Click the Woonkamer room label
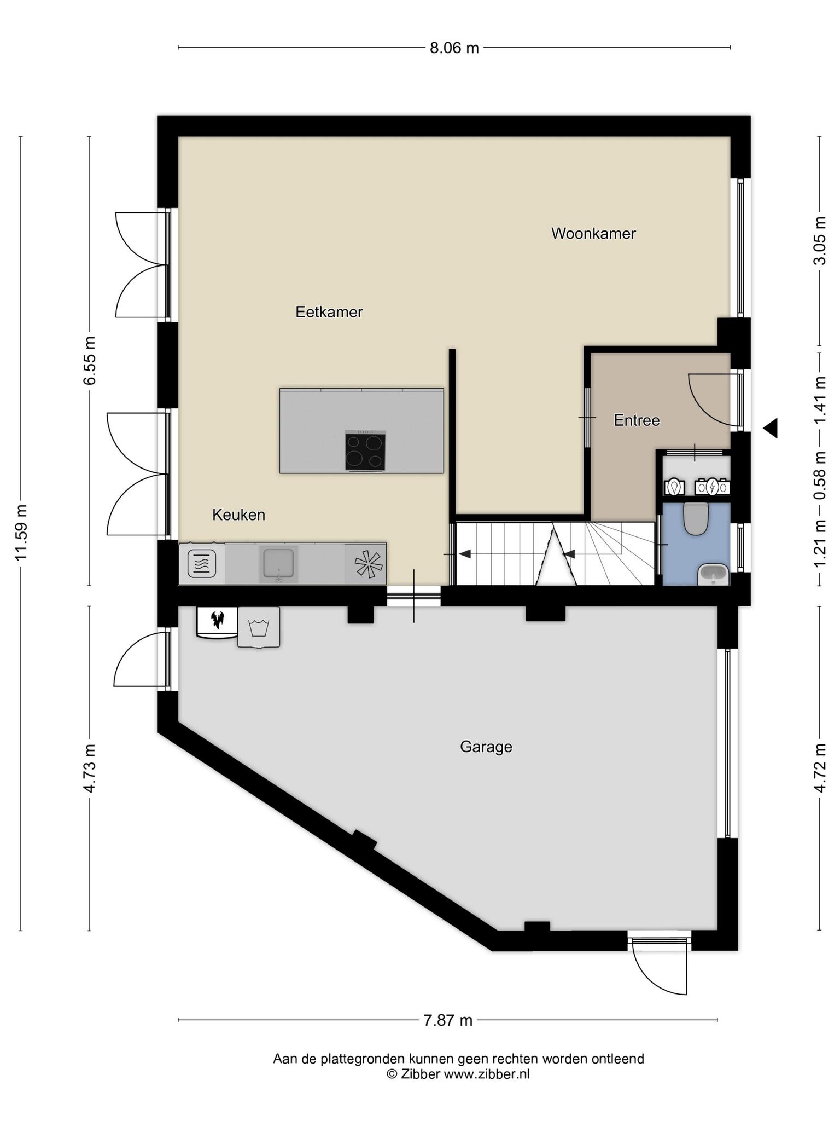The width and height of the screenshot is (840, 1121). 593,234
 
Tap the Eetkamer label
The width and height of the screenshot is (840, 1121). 329,312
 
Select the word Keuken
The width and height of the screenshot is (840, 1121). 238,515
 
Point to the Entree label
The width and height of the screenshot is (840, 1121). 637,420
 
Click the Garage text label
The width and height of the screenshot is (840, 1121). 486,747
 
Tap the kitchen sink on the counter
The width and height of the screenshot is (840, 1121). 278,563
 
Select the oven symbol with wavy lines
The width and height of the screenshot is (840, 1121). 202,563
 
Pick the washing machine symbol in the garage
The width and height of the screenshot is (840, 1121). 259,627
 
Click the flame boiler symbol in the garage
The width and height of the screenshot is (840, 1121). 217,621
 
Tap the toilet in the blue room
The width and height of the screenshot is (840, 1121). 696,518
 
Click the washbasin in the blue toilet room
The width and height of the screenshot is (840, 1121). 713,575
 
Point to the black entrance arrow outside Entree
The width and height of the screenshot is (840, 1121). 771,428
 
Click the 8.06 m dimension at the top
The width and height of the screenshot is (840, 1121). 454,48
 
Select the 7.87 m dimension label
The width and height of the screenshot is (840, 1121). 448,1020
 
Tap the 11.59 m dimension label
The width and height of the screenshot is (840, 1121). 21,532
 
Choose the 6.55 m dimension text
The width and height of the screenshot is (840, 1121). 90,361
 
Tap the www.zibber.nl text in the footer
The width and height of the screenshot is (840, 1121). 487,1074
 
